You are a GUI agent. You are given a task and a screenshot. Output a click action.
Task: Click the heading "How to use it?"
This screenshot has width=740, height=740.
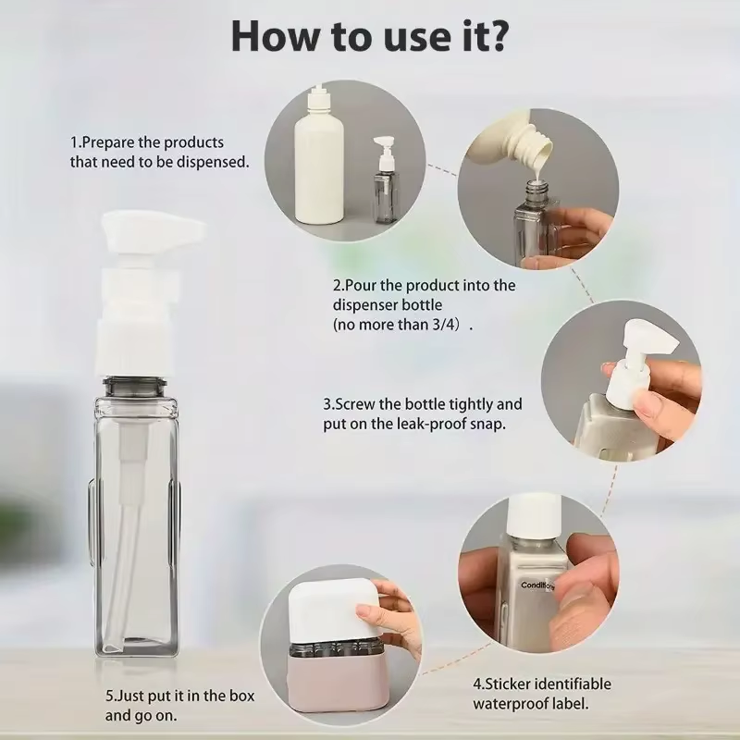(369, 36)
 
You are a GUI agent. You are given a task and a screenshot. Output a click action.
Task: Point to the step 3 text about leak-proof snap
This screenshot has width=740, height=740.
(422, 413)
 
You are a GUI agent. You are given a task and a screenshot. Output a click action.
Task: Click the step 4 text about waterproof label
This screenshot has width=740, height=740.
(542, 693)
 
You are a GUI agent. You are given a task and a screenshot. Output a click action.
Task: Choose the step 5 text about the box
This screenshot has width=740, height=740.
(179, 705)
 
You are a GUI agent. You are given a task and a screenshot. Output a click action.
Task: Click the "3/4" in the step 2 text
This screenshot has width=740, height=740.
(450, 326)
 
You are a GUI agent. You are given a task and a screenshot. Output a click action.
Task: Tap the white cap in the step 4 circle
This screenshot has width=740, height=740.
(534, 512)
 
